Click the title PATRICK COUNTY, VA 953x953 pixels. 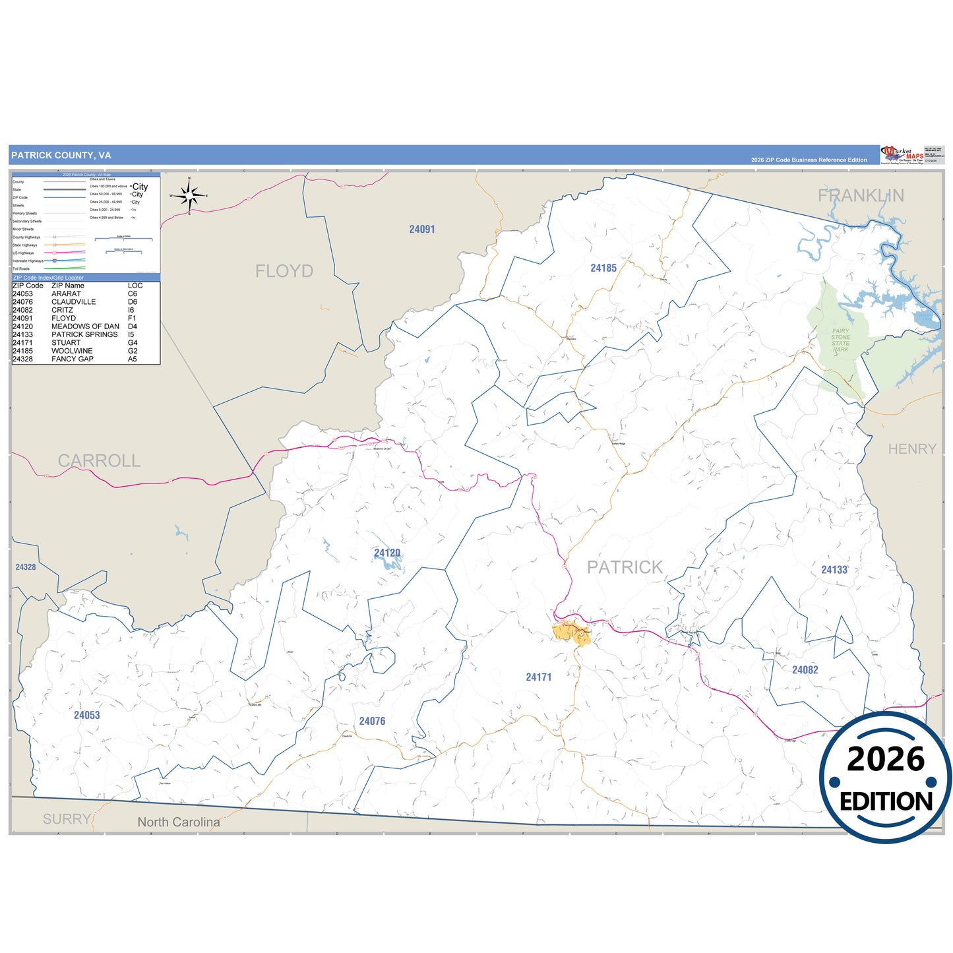pyautogui.click(x=61, y=156)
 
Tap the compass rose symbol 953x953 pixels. pyautogui.click(x=189, y=195)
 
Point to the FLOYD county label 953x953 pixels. pyautogui.click(x=284, y=271)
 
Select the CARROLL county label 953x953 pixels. pyautogui.click(x=99, y=460)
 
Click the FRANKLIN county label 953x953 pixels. pyautogui.click(x=861, y=195)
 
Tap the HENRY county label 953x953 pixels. pyautogui.click(x=912, y=449)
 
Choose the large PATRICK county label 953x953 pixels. pyautogui.click(x=625, y=567)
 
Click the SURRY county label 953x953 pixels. pyautogui.click(x=67, y=819)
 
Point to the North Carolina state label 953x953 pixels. pyautogui.click(x=179, y=822)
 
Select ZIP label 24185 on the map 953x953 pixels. pyautogui.click(x=603, y=268)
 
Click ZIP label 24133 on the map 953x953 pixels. pyautogui.click(x=834, y=570)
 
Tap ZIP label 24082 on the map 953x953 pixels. pyautogui.click(x=805, y=670)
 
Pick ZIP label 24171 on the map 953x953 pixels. pyautogui.click(x=538, y=677)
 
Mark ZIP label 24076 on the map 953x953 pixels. pyautogui.click(x=372, y=722)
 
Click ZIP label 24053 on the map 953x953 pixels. pyautogui.click(x=87, y=716)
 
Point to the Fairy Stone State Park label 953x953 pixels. pyautogui.click(x=840, y=340)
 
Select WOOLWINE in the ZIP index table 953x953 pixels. pyautogui.click(x=72, y=351)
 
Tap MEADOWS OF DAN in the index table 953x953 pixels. pyautogui.click(x=85, y=326)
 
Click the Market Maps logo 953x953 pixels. pyautogui.click(x=902, y=155)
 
